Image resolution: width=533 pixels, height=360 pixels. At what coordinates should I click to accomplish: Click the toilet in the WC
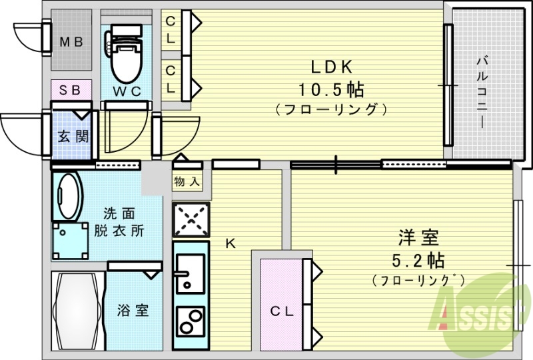click(x=126, y=57)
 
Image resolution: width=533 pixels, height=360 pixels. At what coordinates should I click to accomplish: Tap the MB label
click(x=71, y=42)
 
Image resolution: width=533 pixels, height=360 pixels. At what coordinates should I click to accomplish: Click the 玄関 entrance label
click(x=72, y=137)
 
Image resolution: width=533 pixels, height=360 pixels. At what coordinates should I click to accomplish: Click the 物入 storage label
click(x=186, y=181)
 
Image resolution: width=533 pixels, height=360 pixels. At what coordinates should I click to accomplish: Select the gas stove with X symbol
click(x=191, y=219)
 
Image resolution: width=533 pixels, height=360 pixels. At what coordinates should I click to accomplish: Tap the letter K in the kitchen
click(x=230, y=243)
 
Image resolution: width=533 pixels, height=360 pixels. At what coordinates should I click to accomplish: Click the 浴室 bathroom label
click(x=133, y=310)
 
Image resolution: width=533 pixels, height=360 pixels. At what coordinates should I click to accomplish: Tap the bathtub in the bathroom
click(x=79, y=310)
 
